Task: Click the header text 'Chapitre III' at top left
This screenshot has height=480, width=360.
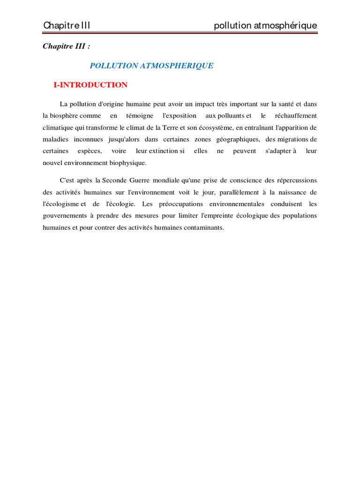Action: [x=67, y=25]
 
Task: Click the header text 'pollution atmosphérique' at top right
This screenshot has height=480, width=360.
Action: [x=265, y=25]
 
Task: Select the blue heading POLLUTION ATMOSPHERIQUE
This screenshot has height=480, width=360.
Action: [x=151, y=66]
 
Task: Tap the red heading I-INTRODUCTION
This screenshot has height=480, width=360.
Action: [x=90, y=85]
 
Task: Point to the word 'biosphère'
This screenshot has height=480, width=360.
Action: [x=64, y=115]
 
